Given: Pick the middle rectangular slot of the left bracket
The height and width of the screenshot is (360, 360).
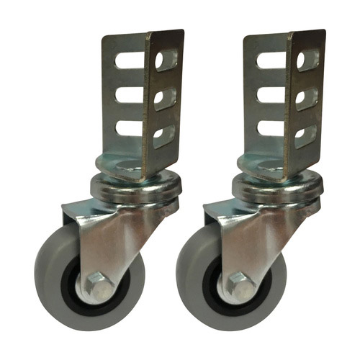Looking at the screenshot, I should tap(130, 95).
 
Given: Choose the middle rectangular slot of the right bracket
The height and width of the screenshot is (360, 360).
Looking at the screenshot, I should tap(270, 95).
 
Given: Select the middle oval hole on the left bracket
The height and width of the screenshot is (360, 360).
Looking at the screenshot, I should tap(165, 99).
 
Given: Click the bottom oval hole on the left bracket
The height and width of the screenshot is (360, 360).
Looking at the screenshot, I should tap(165, 135).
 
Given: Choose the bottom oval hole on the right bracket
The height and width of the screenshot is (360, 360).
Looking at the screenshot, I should tap(305, 135).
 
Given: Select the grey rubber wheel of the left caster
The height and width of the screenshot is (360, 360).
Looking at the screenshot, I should tap(54, 288).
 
